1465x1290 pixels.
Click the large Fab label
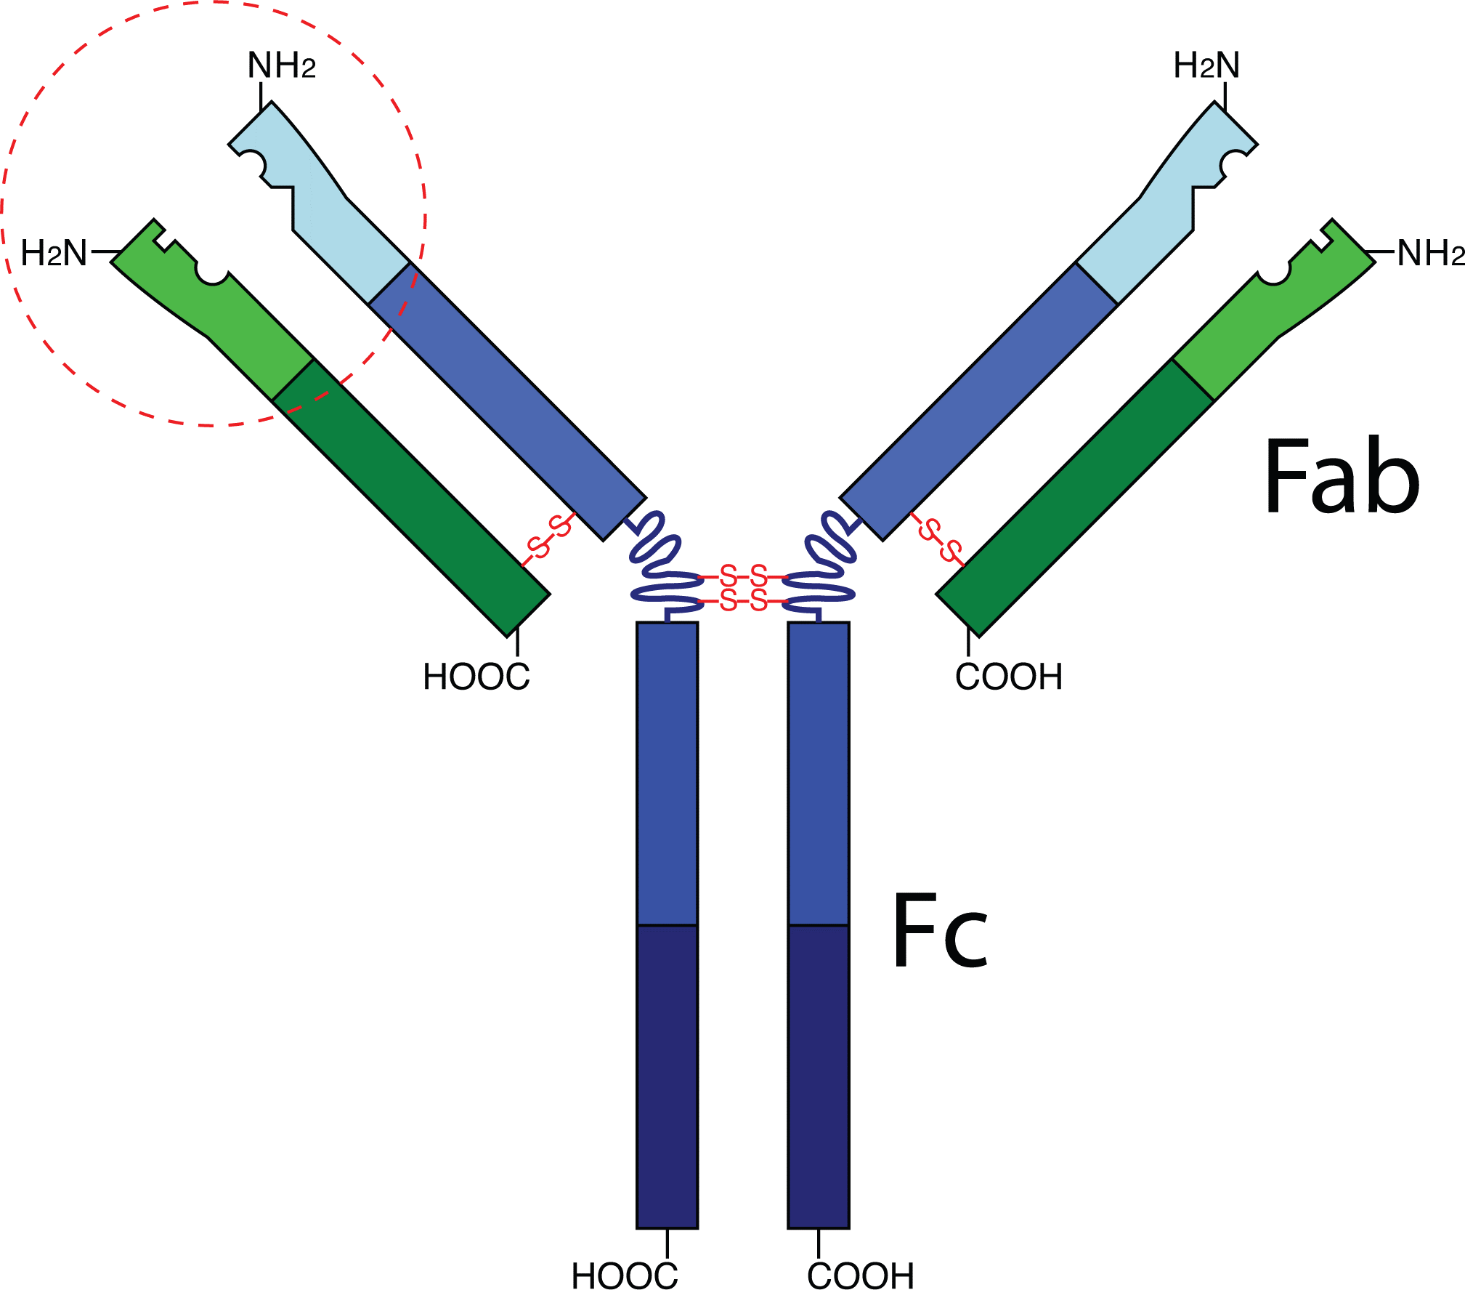[1342, 477]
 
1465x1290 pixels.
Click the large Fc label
[940, 932]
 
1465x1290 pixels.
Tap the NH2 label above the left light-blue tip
[282, 65]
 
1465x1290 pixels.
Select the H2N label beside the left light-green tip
[54, 254]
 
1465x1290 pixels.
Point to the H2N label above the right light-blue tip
[1206, 65]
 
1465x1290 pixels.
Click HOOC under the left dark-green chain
[476, 677]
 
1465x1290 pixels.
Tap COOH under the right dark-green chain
[1009, 677]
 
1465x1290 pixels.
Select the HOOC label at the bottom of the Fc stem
[625, 1276]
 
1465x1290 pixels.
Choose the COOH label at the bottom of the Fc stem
[861, 1276]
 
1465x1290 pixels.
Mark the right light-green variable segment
[1264, 320]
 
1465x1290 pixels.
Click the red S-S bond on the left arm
[549, 538]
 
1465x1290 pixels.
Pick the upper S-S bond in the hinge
[743, 576]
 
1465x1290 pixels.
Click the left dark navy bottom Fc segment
[667, 1076]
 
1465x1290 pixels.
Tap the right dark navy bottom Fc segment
[819, 1076]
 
